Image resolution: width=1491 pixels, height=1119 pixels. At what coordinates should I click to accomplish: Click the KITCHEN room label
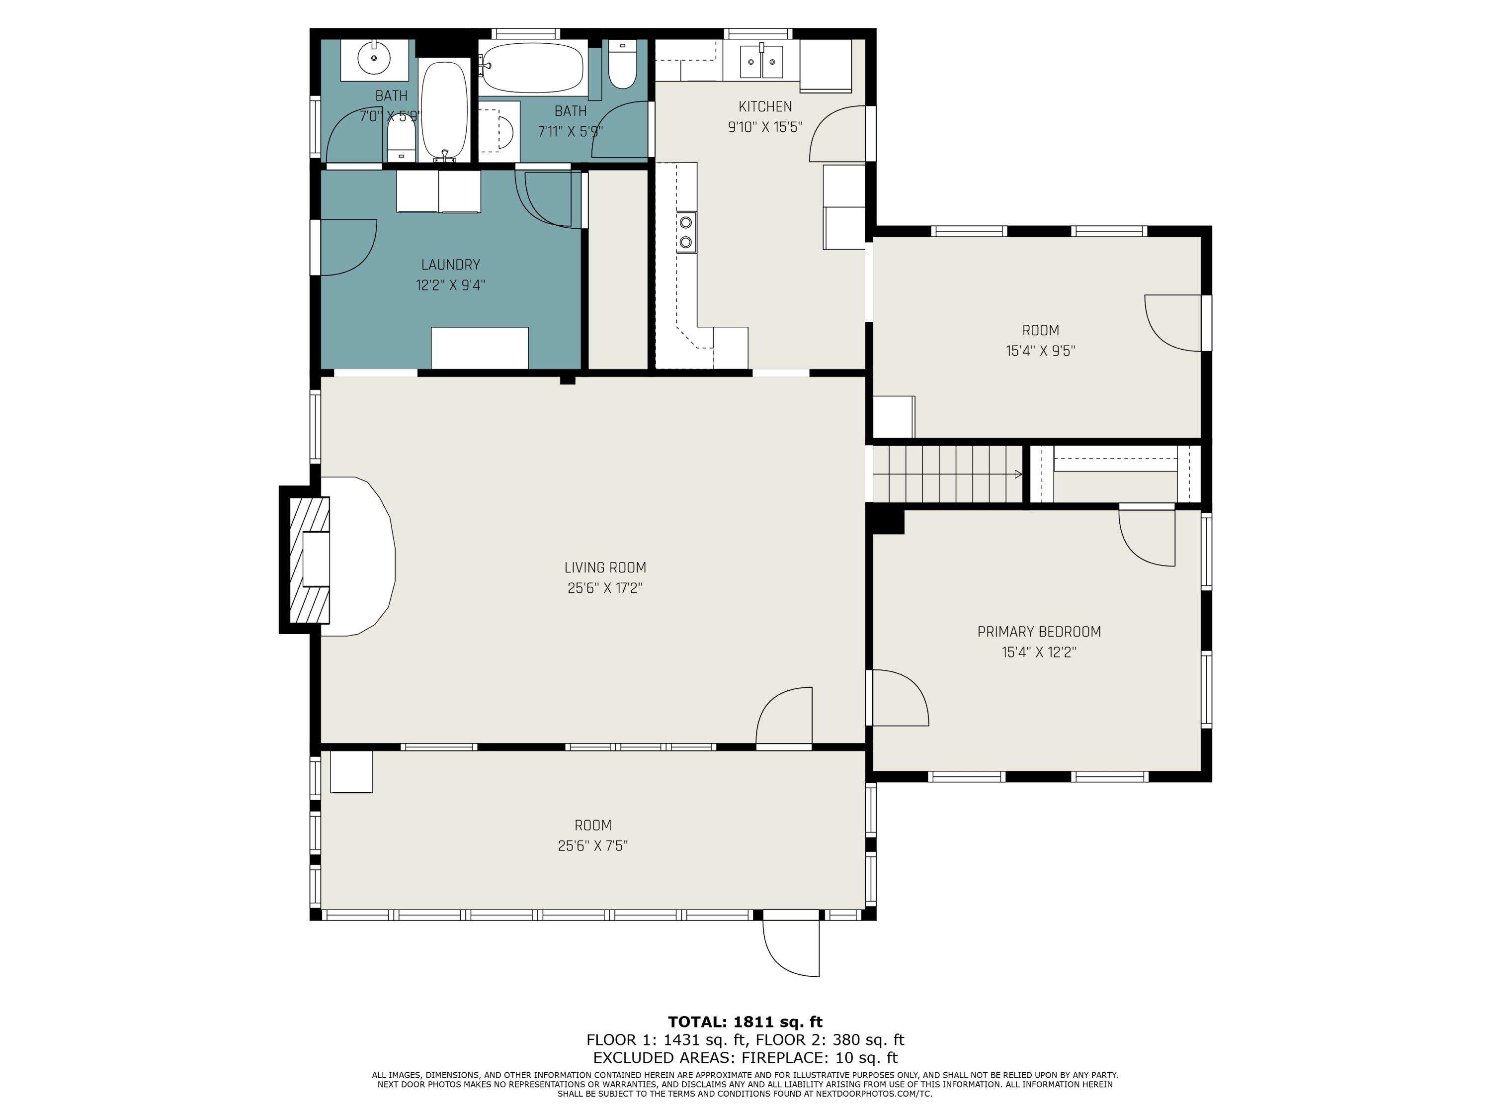(765, 106)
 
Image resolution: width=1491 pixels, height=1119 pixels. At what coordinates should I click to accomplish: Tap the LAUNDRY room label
(450, 265)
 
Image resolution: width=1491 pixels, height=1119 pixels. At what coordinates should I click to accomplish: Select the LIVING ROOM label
(605, 568)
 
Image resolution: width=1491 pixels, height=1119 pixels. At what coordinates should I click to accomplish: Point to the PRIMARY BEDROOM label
(1039, 632)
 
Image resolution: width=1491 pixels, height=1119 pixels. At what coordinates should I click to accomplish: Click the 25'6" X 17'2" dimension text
(605, 588)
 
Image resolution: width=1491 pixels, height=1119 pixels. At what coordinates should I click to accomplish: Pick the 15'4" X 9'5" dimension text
(1040, 351)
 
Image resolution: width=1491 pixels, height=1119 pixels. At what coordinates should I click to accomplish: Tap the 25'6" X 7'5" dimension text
(592, 846)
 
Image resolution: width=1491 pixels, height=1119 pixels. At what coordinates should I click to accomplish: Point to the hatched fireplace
(310, 560)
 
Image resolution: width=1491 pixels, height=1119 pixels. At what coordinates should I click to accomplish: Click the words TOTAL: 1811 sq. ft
(745, 1022)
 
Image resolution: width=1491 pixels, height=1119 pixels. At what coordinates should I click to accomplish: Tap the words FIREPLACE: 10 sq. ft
(819, 1058)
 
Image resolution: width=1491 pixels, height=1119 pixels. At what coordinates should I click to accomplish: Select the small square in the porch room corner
(351, 772)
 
